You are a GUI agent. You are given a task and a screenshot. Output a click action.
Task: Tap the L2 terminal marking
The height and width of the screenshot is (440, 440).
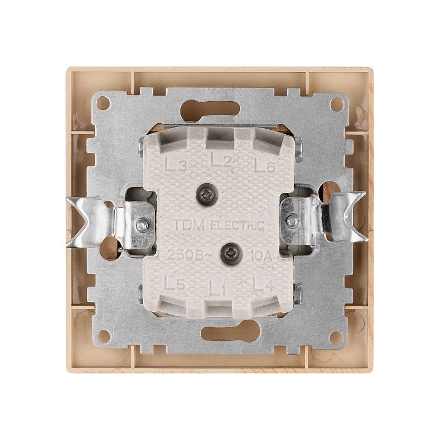coord(221,160)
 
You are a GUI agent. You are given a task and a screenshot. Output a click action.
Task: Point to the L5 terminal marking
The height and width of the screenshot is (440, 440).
coord(174,283)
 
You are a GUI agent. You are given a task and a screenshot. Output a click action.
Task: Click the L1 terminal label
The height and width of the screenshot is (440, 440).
coord(217,288)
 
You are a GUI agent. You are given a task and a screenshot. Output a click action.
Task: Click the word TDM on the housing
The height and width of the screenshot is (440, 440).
coord(190,224)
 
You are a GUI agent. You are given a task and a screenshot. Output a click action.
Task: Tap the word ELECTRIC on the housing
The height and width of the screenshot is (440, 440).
coord(237,225)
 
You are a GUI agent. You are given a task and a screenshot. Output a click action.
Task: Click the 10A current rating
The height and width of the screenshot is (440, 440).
coord(260,256)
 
